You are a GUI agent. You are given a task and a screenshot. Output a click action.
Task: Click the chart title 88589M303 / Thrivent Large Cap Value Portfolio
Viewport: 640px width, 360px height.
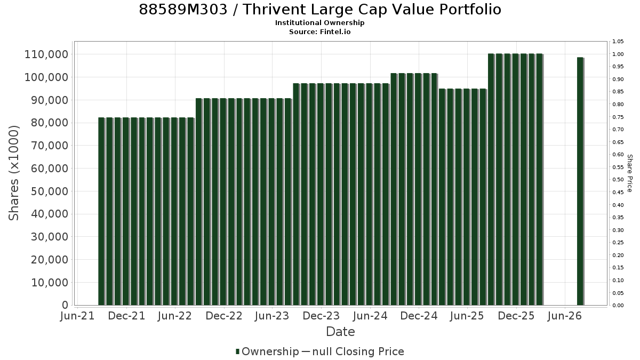pyautogui.click(x=320, y=10)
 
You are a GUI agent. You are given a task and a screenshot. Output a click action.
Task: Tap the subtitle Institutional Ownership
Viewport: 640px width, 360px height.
pyautogui.click(x=319, y=23)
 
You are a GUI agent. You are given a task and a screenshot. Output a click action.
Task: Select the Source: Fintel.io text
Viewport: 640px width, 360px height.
pyautogui.click(x=319, y=31)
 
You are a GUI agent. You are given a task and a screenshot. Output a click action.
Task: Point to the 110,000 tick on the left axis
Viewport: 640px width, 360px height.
pyautogui.click(x=46, y=54)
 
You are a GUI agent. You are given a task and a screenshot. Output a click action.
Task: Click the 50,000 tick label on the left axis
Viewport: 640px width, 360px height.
pyautogui.click(x=50, y=191)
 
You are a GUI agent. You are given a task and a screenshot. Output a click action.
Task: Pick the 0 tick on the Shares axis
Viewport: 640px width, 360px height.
pyautogui.click(x=65, y=305)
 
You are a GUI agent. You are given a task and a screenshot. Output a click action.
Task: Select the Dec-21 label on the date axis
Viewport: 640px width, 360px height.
pyautogui.click(x=126, y=316)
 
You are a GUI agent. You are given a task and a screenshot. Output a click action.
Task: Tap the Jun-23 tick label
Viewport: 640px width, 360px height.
pyautogui.click(x=272, y=316)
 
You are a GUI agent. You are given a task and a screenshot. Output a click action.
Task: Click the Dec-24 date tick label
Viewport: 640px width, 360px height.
pyautogui.click(x=419, y=316)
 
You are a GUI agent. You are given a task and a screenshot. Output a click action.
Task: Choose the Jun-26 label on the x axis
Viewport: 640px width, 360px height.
pyautogui.click(x=565, y=316)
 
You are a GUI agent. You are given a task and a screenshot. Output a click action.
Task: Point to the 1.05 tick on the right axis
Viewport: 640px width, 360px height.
pyautogui.click(x=618, y=42)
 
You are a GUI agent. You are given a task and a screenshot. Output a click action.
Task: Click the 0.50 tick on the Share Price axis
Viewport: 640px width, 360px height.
pyautogui.click(x=618, y=180)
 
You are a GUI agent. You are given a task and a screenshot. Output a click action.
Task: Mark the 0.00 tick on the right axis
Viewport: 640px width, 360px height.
pyautogui.click(x=618, y=306)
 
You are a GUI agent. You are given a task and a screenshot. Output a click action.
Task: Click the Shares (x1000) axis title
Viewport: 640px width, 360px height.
pyautogui.click(x=13, y=173)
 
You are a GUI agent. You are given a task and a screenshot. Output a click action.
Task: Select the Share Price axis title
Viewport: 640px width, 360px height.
pyautogui.click(x=630, y=173)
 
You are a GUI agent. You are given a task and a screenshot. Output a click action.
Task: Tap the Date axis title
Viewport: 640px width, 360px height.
pyautogui.click(x=340, y=332)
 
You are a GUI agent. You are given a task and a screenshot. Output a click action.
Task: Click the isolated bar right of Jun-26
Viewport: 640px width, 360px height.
pyautogui.click(x=580, y=181)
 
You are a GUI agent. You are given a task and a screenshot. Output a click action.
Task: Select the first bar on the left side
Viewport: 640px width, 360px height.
pyautogui.click(x=101, y=211)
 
